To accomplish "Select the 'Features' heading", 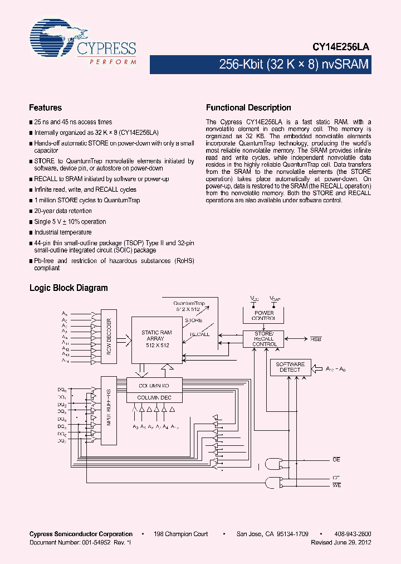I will coord(45,108).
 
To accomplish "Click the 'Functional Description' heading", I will coord(248,108).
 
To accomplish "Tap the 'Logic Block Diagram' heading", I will coord(69,288).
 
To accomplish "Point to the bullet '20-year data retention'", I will coord(63,211).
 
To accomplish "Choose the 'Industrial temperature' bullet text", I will coord(63,232).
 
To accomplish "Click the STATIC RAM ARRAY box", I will coord(156,339).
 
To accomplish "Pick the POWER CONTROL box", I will coord(264,315).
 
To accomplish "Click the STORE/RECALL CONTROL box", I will coord(263,339).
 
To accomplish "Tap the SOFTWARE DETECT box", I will coord(290,367).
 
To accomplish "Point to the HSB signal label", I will coord(315,338).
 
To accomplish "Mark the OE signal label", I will coord(336,459).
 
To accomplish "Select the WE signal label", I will coord(336,486).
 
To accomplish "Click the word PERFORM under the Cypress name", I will coord(113,62).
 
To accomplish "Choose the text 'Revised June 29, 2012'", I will coord(341,542).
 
